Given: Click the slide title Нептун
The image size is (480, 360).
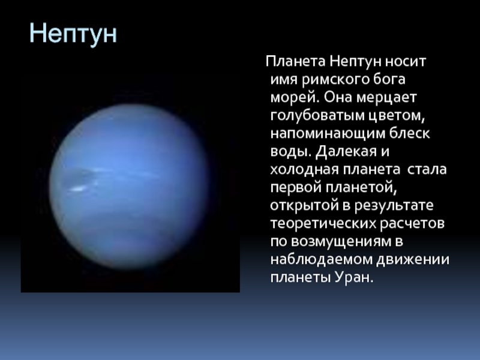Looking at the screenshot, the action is [x=73, y=34].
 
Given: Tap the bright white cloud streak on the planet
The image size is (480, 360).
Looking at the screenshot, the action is [x=78, y=189].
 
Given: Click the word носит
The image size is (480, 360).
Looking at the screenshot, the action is [x=406, y=62].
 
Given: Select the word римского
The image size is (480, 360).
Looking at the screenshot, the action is [x=335, y=80].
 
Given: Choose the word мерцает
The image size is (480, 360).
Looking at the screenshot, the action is [x=386, y=98].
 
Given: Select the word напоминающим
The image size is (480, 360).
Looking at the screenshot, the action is [x=328, y=134].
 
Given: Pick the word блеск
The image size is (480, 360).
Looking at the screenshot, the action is [x=410, y=133].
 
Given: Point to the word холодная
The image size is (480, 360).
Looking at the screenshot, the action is [x=304, y=170].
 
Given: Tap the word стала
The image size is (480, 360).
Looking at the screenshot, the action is [x=427, y=170].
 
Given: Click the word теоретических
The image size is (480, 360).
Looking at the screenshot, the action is [x=323, y=224].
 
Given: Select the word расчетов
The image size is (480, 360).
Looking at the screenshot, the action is [x=412, y=224].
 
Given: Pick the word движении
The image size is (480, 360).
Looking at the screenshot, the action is [x=413, y=260].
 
